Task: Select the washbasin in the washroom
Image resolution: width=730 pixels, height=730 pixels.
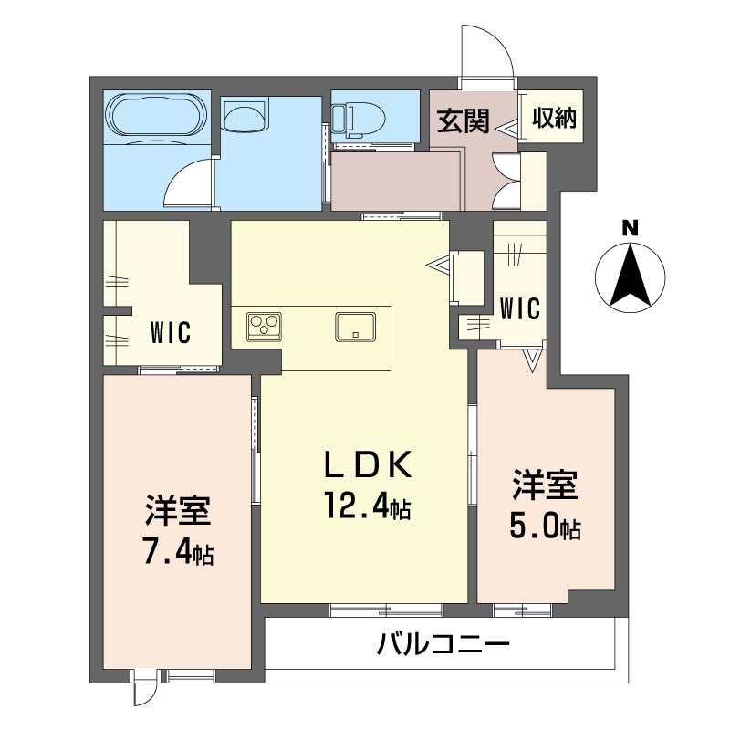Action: coord(246,117)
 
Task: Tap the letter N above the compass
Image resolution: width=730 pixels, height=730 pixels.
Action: coord(630,228)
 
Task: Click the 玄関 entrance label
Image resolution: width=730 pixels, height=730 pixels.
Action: coord(462,121)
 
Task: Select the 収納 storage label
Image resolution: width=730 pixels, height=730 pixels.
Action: coord(555,118)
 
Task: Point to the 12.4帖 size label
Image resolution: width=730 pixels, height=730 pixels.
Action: coord(364,505)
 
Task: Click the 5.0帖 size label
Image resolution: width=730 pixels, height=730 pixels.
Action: coord(545,527)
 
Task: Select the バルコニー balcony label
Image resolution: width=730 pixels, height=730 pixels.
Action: coord(443,647)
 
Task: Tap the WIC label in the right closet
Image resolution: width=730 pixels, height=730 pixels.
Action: coord(520,308)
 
